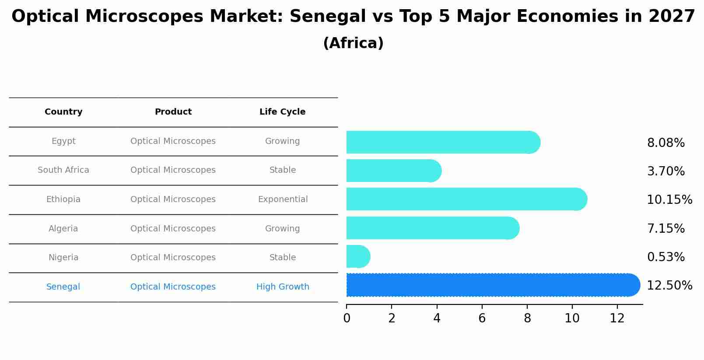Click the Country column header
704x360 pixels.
pyautogui.click(x=63, y=112)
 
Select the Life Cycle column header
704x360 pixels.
pyautogui.click(x=282, y=112)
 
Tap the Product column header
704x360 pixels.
pyautogui.click(x=173, y=112)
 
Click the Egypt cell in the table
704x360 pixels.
pyautogui.click(x=63, y=141)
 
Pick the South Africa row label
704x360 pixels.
pyautogui.click(x=63, y=170)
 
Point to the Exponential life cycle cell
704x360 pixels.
pyautogui.click(x=283, y=199)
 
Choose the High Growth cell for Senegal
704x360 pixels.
pyautogui.click(x=283, y=287)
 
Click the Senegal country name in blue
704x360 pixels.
pyautogui.click(x=63, y=287)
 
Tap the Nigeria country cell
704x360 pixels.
pyautogui.click(x=63, y=258)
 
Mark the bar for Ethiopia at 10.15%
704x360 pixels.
pyautogui.click(x=464, y=199)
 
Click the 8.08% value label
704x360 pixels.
pyautogui.click(x=665, y=143)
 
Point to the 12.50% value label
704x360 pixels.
pyautogui.click(x=669, y=286)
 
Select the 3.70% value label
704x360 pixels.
pyautogui.click(x=665, y=171)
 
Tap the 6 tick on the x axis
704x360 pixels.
pyautogui.click(x=482, y=318)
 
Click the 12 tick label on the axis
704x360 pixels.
pyautogui.click(x=617, y=318)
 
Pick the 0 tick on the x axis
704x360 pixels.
pyautogui.click(x=347, y=318)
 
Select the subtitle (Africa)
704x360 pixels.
pyautogui.click(x=353, y=43)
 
